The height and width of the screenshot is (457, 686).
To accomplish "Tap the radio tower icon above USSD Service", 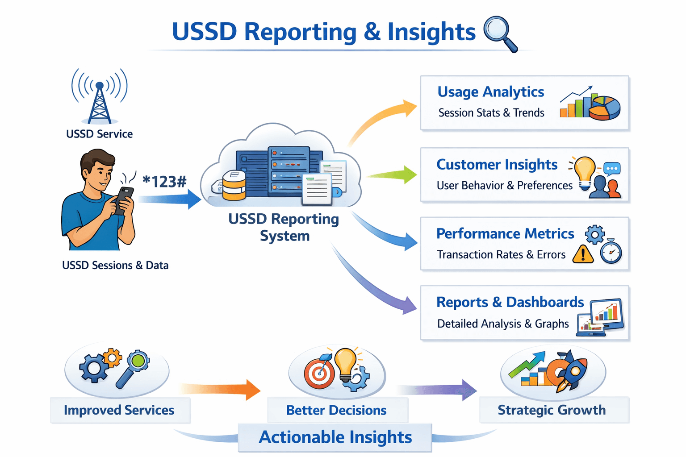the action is pos(100,96).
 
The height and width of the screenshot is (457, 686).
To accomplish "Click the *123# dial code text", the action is pos(164,182).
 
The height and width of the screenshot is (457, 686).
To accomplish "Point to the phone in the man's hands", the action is pos(124,200).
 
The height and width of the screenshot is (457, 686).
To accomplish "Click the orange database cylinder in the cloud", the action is pos(234,186).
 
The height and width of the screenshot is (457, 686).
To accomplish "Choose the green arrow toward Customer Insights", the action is pos(392,174).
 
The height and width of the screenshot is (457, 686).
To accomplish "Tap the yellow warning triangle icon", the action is pos(583,254).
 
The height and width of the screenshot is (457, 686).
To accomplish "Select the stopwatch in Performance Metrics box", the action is pos(611,251).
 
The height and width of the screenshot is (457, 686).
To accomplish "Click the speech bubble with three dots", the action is pos(612,169).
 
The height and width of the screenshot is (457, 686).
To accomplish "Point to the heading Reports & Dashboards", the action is pos(510,302).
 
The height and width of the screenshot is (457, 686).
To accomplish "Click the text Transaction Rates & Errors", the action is pos(501,255).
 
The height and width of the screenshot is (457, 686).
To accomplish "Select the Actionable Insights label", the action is pos(335,437).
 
